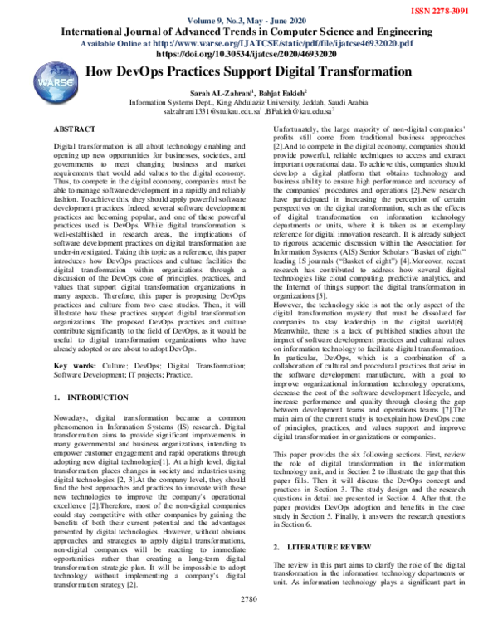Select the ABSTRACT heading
75,130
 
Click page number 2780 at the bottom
249,623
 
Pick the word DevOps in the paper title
147,73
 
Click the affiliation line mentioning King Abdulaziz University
257,102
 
